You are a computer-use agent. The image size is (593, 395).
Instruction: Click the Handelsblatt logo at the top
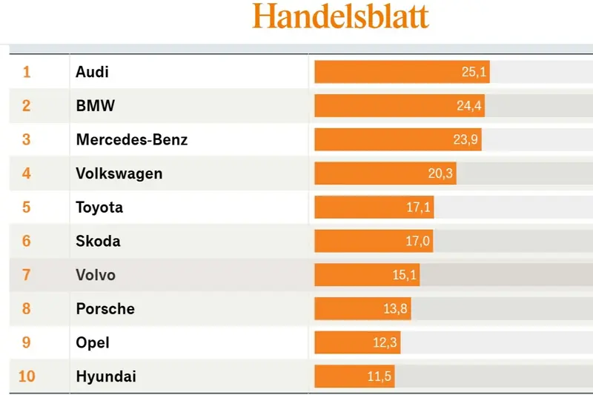[340, 16]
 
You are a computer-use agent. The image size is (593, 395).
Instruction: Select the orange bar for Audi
[385, 72]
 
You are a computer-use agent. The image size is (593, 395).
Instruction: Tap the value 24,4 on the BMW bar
[469, 106]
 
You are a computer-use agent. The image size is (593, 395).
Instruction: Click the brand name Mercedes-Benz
[132, 139]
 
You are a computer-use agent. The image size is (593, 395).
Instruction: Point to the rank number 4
[27, 173]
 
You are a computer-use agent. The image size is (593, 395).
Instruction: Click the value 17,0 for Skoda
[418, 241]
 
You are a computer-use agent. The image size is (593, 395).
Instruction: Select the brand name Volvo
[96, 275]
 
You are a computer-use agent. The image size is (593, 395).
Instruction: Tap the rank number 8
[27, 308]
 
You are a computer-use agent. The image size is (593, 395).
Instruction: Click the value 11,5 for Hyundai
[379, 376]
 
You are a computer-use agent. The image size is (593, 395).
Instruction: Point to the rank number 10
[27, 376]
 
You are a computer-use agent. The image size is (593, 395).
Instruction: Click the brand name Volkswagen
[119, 173]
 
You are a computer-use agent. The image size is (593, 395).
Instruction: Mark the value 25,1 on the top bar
[473, 72]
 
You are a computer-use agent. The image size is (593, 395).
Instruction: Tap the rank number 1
[27, 72]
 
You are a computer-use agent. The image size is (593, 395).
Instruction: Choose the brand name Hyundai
[106, 376]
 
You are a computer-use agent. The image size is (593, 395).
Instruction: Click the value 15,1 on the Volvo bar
[405, 275]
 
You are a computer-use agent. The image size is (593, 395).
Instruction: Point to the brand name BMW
[95, 106]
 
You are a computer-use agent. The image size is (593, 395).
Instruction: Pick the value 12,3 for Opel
[385, 342]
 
